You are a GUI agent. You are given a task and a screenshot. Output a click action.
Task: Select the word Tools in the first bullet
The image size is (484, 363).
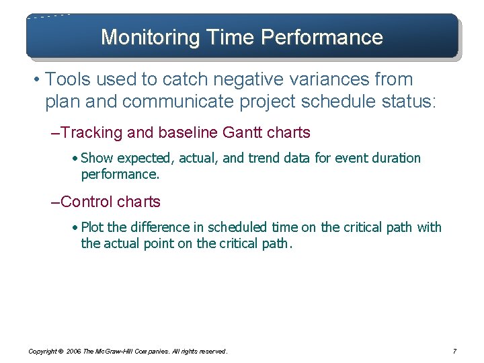pos(69,79)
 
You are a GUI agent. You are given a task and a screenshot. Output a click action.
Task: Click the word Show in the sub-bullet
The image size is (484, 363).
pos(97,159)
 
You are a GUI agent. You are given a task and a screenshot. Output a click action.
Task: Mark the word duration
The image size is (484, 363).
pos(395,159)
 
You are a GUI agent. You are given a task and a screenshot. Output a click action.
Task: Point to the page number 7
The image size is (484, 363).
pos(455,351)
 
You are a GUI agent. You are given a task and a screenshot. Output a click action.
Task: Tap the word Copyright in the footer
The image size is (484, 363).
pos(42,351)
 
